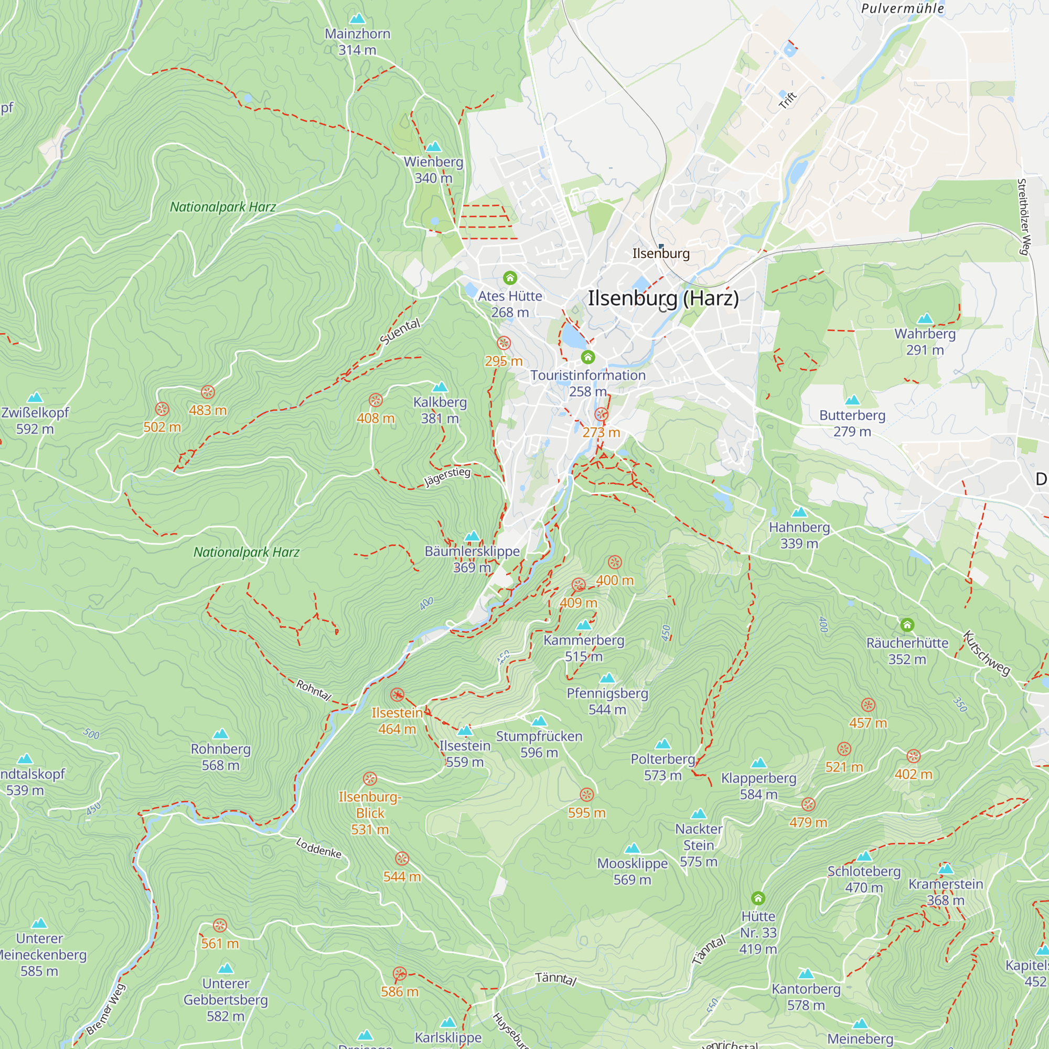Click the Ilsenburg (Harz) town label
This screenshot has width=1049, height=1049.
click(663, 298)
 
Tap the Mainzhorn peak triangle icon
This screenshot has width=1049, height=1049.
click(357, 19)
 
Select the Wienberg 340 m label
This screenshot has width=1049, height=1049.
click(433, 170)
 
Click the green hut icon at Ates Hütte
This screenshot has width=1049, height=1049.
click(509, 278)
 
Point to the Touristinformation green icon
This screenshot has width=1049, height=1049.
click(587, 357)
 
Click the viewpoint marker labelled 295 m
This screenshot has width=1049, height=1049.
click(504, 342)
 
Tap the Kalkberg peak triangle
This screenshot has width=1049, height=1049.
click(440, 387)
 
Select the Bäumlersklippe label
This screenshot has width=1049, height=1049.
click(472, 551)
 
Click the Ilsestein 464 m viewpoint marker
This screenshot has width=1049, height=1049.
click(397, 695)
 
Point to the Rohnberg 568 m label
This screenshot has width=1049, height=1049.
click(220, 757)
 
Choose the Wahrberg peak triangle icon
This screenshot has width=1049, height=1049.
click(925, 319)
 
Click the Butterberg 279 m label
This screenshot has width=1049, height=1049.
click(852, 423)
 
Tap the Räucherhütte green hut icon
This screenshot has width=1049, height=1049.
click(907, 625)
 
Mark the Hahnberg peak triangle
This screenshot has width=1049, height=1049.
click(799, 512)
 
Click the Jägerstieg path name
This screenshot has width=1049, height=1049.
click(447, 477)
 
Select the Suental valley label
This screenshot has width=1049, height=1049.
click(400, 332)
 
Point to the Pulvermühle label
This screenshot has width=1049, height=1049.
click(902, 8)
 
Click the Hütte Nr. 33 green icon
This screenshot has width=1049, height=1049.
click(758, 898)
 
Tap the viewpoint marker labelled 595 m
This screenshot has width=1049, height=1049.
click(586, 795)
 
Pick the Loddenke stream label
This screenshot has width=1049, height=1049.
click(319, 848)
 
